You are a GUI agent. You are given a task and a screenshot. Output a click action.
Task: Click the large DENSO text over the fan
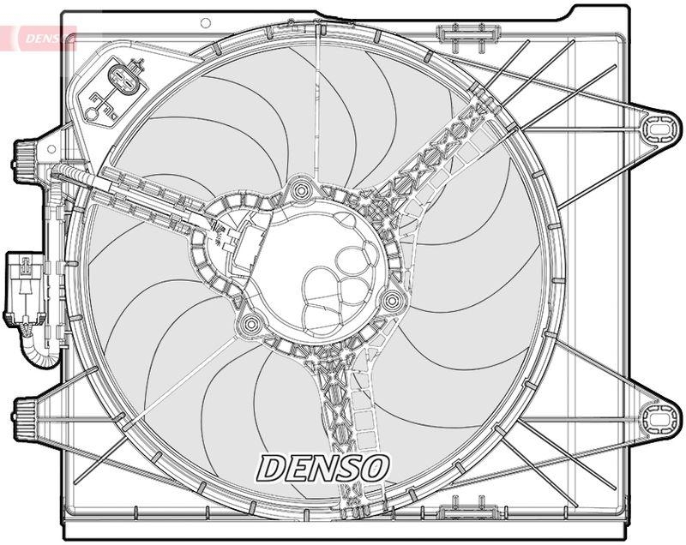tap(324, 468)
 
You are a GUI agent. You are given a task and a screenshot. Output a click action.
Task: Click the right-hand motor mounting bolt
tap(393, 300)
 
